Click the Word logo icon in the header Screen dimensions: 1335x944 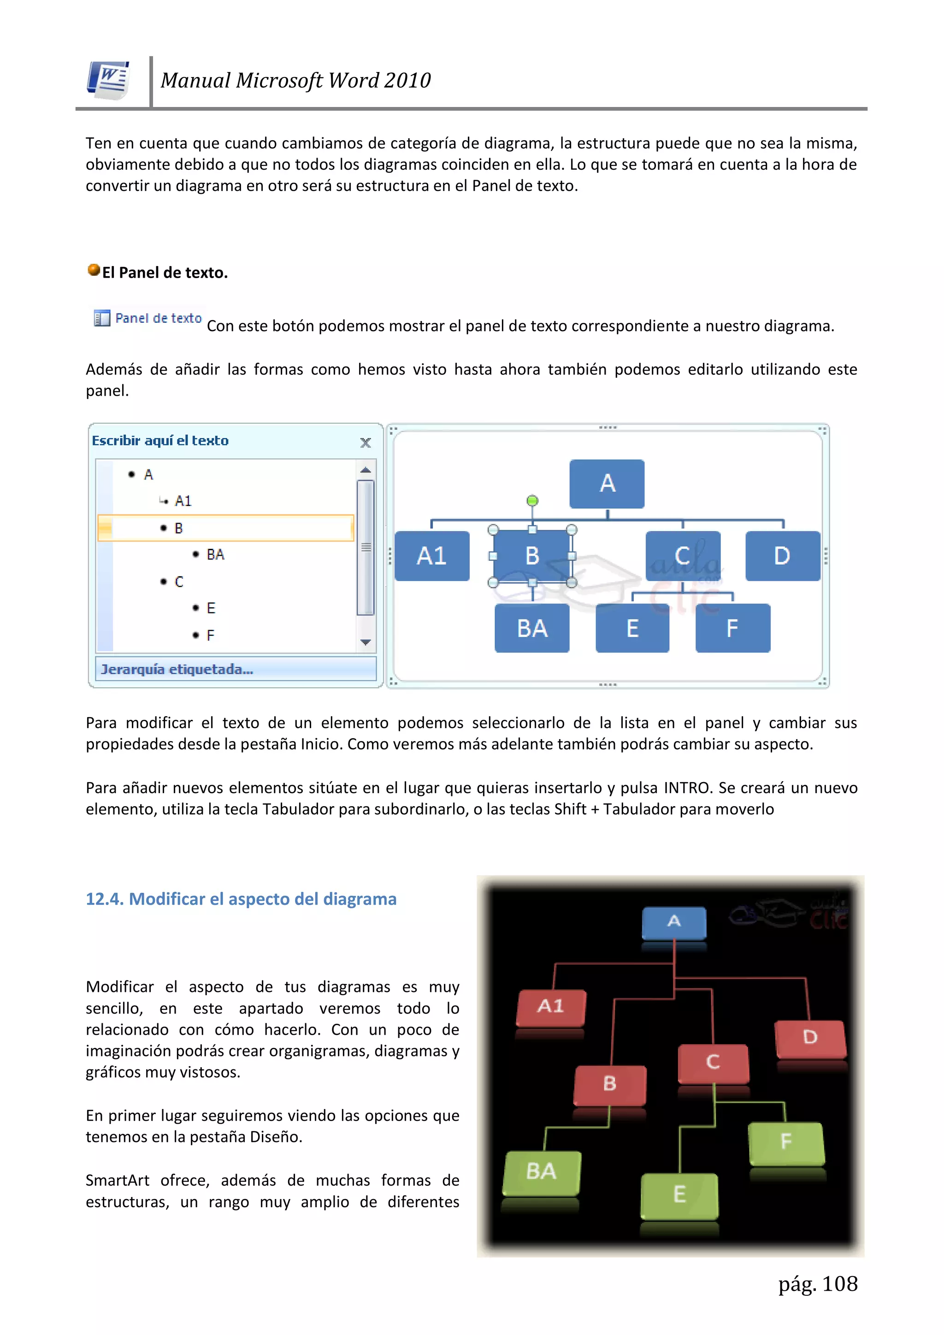coord(109,80)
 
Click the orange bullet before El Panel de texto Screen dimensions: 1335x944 coord(94,270)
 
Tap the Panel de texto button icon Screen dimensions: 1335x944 coord(102,318)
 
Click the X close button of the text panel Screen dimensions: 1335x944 coord(366,443)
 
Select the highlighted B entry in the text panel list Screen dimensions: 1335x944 coord(225,528)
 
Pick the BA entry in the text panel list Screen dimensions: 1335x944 coord(215,555)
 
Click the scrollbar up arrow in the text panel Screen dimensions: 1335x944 coord(366,470)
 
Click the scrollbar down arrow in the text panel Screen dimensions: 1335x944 coord(366,642)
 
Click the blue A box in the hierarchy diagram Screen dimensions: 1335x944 coord(607,484)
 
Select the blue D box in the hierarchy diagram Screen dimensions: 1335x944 coord(782,556)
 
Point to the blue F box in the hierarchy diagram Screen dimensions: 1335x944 coord(732,629)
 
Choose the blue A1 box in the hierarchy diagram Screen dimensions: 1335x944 coord(432,556)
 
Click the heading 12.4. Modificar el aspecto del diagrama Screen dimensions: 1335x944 coord(241,899)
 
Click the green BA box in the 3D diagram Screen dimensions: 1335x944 coord(542,1172)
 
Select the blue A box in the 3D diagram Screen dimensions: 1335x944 coord(674,922)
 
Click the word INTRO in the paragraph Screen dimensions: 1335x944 coord(688,788)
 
